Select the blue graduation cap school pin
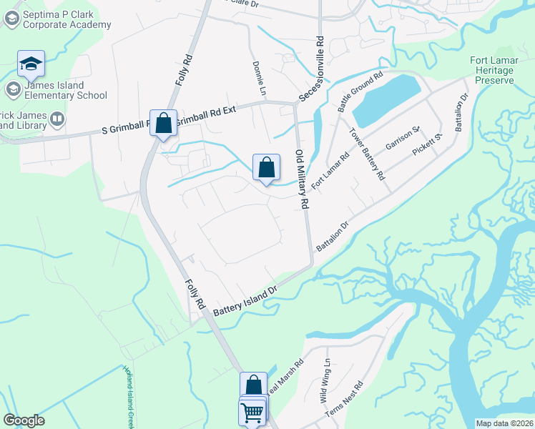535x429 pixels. (31, 65)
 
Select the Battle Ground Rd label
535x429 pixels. (360, 92)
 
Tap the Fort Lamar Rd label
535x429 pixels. (330, 169)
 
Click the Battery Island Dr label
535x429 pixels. (244, 299)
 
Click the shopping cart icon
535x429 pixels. (252, 413)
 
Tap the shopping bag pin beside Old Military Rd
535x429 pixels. (266, 169)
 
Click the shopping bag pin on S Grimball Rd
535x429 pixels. (163, 123)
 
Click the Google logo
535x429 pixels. (24, 420)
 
